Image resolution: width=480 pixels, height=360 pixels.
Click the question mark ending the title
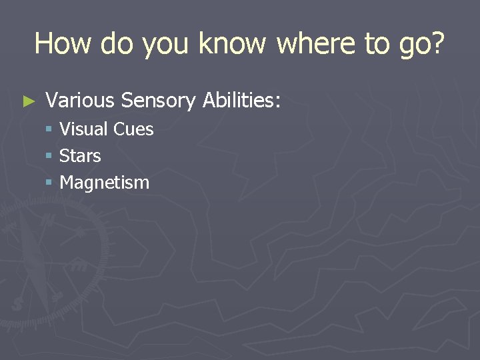pyautogui.click(x=437, y=43)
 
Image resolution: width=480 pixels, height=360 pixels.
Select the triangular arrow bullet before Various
pyautogui.click(x=27, y=102)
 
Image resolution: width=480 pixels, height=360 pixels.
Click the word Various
pyautogui.click(x=80, y=101)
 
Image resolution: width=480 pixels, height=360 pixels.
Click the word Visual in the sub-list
pyautogui.click(x=84, y=129)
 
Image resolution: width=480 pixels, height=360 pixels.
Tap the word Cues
pyautogui.click(x=134, y=129)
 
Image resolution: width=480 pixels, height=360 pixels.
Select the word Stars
pyautogui.click(x=80, y=156)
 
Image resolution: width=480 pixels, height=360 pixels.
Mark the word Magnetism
pyautogui.click(x=105, y=183)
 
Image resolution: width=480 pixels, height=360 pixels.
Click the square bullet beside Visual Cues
pyautogui.click(x=49, y=129)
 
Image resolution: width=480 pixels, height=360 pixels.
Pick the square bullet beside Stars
pyautogui.click(x=49, y=156)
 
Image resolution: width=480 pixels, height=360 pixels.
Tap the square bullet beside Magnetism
pyautogui.click(x=49, y=183)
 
